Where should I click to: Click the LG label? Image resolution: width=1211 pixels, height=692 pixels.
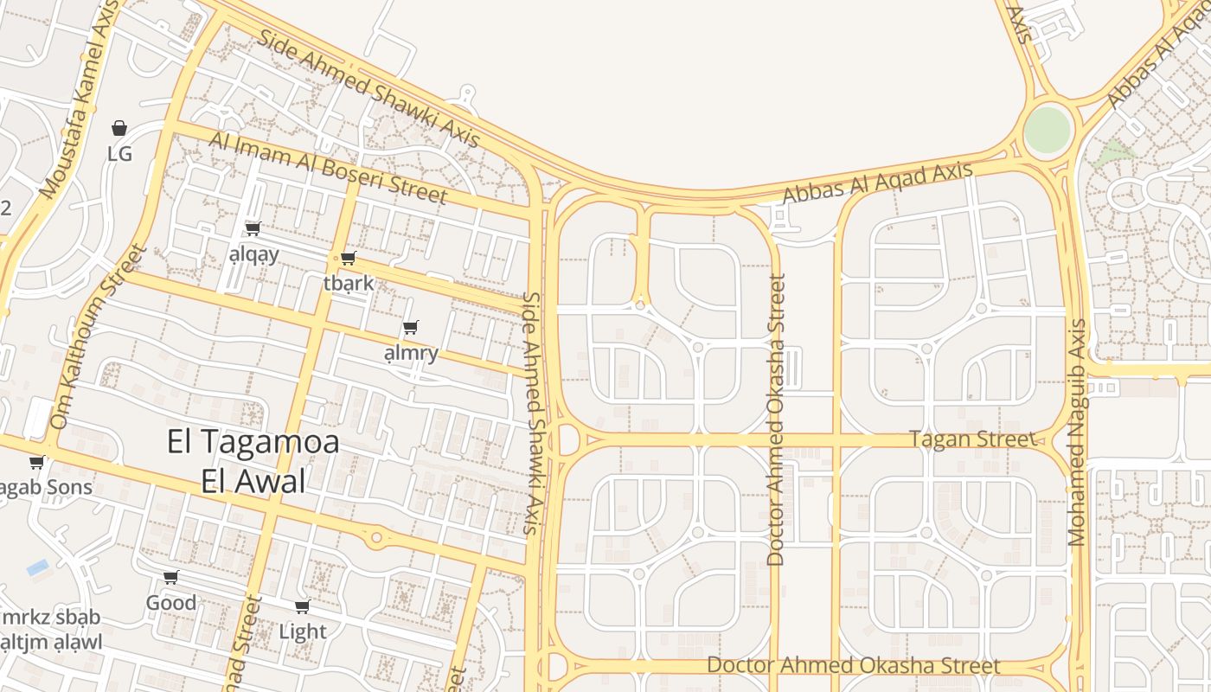coord(119,154)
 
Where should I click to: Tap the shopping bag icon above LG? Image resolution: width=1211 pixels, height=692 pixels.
coord(119,129)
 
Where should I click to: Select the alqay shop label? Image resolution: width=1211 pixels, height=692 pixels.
coord(254,253)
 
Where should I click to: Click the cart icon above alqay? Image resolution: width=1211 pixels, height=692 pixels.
coord(253,228)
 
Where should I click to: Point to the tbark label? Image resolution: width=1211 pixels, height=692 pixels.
coord(349,283)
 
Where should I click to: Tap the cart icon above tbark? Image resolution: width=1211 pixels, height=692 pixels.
coord(348,258)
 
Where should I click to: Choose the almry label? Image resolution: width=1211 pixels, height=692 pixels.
coord(411,352)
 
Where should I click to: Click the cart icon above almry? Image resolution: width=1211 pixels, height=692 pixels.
coord(411,327)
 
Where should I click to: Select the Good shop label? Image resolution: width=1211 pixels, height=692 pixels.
coord(170,602)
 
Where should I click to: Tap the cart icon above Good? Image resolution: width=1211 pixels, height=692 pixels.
coord(170,577)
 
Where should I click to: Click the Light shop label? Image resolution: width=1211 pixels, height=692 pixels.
coord(303,631)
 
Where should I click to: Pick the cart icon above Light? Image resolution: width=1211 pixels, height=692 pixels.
coord(302,606)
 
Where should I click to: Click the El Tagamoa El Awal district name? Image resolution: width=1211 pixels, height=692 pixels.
coord(253,462)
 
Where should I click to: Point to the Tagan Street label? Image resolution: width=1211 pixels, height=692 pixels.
coord(972,439)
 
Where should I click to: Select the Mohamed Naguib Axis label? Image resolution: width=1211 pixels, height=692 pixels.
coord(1077,432)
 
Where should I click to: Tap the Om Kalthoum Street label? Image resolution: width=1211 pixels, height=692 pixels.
coord(97,337)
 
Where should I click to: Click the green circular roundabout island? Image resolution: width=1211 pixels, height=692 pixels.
coord(1047,131)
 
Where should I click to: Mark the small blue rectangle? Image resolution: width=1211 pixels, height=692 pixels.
coord(37,567)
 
